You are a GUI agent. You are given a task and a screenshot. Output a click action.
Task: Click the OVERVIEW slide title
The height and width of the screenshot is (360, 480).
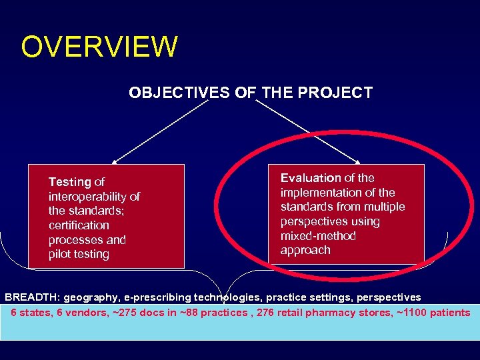click(99, 47)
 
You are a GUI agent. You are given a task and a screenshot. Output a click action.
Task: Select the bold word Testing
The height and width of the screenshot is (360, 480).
click(70, 182)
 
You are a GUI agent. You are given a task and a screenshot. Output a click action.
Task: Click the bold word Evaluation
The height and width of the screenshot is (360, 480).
click(311, 178)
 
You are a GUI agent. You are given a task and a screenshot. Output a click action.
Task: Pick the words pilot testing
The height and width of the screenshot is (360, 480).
click(79, 254)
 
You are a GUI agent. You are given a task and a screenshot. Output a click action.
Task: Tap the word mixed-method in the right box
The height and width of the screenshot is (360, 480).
click(318, 236)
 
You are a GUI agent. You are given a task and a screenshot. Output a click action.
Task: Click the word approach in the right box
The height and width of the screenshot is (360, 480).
click(305, 250)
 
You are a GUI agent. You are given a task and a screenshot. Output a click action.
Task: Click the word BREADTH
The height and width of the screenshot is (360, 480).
click(32, 297)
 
